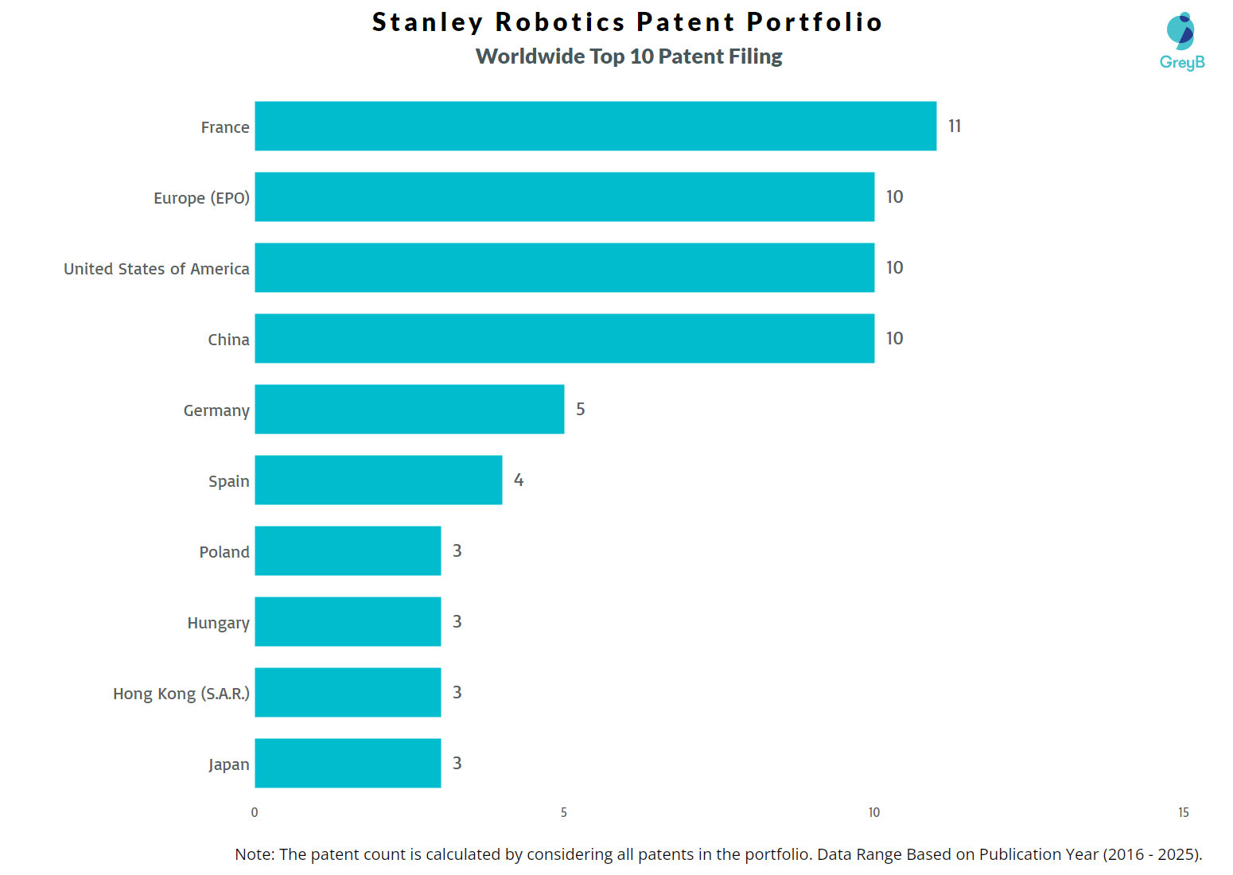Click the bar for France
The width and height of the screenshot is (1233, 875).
point(595,126)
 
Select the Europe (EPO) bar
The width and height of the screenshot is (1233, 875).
point(564,196)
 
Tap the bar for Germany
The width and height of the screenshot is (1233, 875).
point(409,409)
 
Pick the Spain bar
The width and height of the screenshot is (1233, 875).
point(378,480)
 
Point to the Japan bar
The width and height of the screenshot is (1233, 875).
point(348,763)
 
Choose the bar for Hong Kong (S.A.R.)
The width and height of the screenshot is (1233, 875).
point(348,692)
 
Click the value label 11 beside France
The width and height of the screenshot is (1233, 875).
point(955,126)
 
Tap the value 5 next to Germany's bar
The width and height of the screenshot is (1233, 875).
point(581,409)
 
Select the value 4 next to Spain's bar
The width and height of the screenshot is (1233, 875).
point(519,480)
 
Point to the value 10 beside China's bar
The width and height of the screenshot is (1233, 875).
point(894,338)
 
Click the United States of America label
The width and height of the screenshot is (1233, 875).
point(157,269)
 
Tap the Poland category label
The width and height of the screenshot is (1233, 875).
point(224,552)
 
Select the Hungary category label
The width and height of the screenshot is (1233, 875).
point(219,623)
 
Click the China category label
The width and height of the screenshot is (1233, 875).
point(229,340)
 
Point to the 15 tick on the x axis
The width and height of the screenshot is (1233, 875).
point(1184,812)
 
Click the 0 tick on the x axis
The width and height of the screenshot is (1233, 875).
point(255,812)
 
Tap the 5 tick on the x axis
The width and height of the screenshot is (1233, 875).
point(564,812)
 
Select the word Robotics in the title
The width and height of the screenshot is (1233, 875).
point(560,22)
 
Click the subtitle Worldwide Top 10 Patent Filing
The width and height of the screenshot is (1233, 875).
point(628,56)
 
